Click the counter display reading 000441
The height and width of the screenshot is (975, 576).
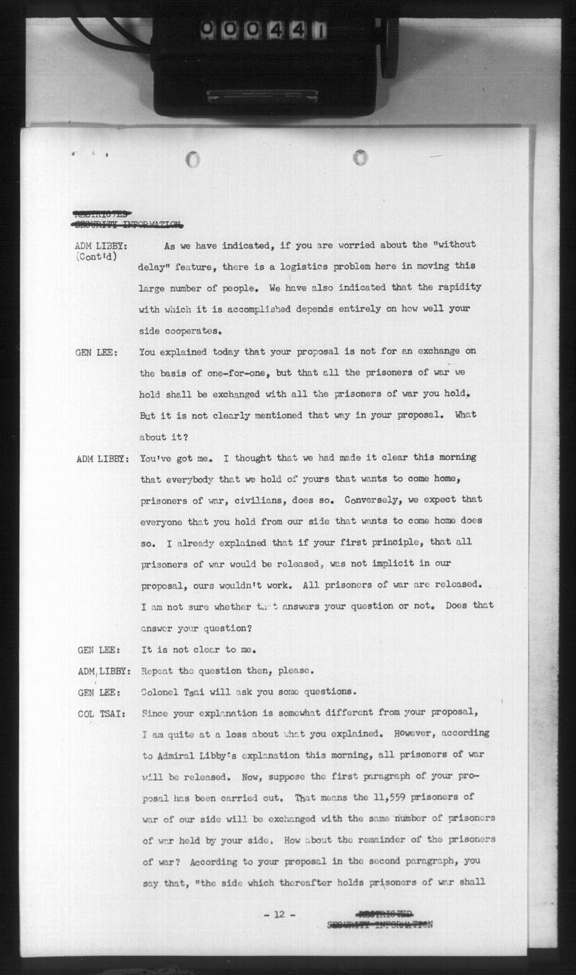tap(264, 30)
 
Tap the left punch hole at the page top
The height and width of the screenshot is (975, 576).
tap(192, 160)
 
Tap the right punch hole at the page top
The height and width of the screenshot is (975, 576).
tap(360, 157)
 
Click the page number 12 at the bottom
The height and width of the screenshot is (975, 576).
tap(278, 914)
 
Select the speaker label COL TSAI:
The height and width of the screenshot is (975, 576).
tap(101, 713)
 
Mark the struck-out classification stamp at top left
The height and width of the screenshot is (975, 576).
tap(127, 219)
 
